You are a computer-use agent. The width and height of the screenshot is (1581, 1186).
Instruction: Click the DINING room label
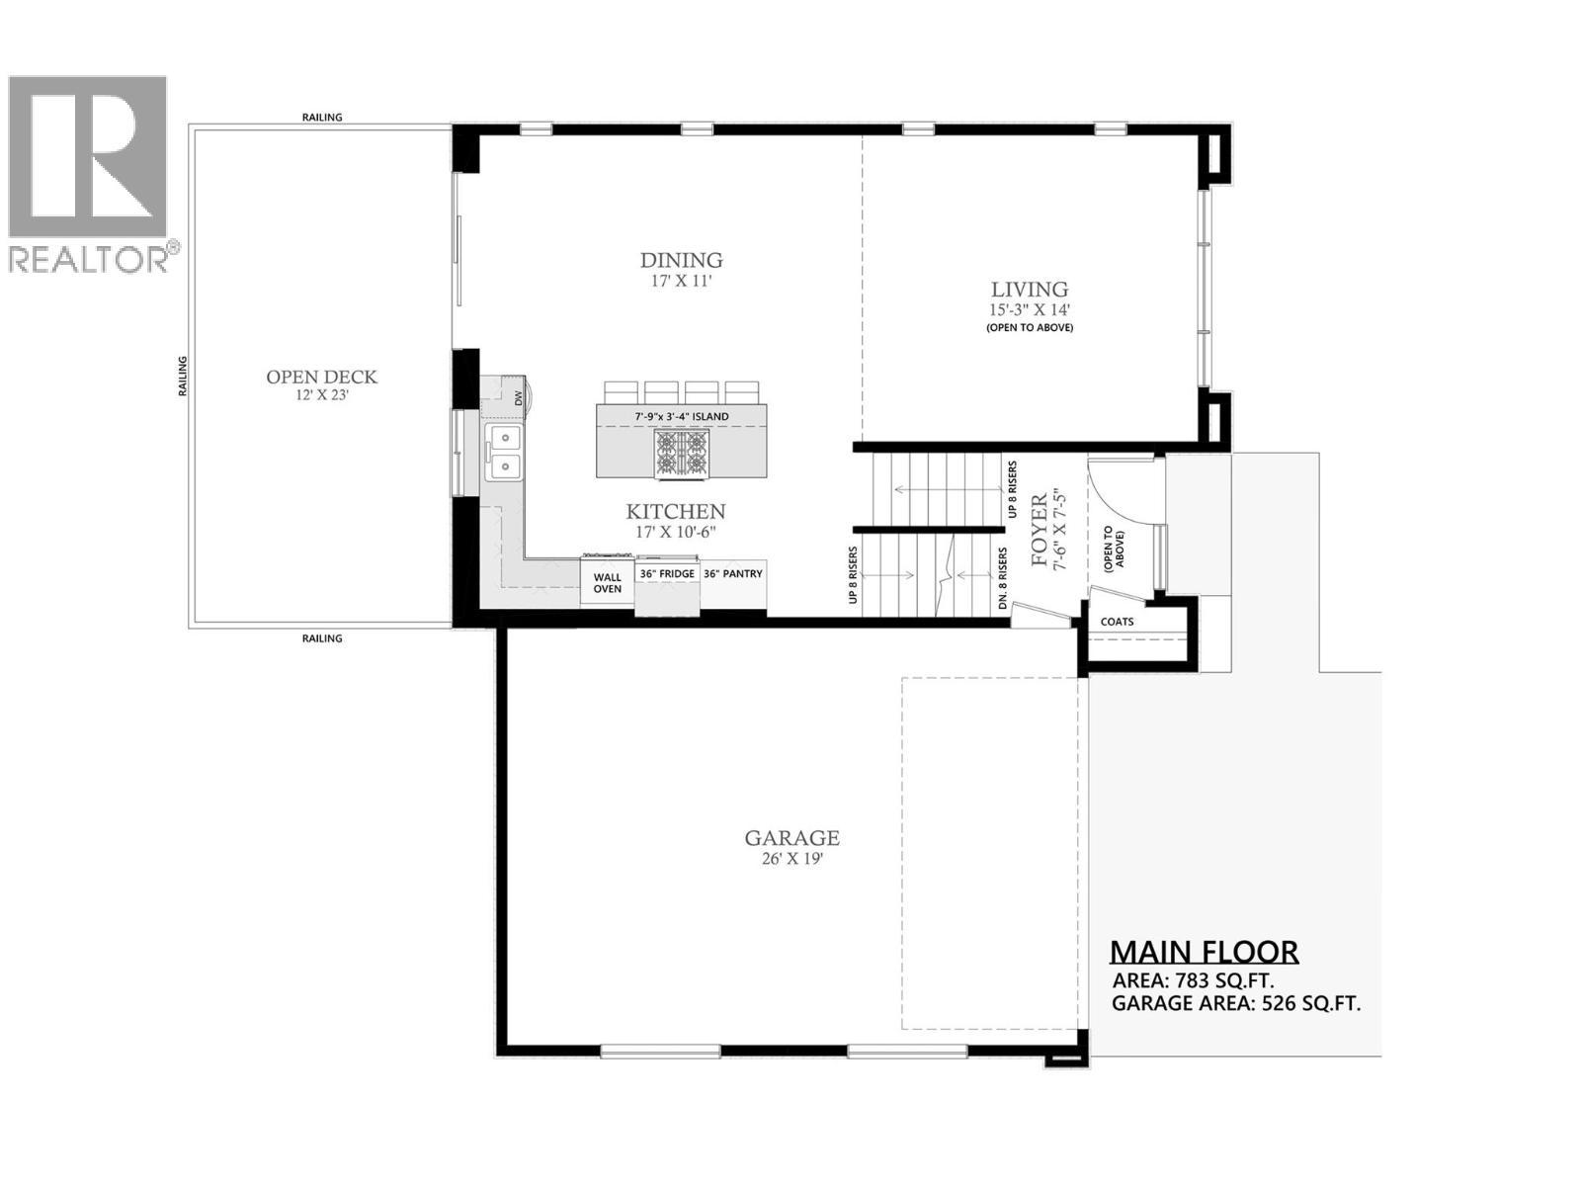(x=681, y=261)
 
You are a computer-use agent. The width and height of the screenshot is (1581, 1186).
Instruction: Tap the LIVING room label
(x=1030, y=290)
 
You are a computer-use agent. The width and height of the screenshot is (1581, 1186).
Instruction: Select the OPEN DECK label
(x=321, y=378)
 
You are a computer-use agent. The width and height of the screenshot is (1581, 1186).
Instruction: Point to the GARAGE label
(x=791, y=838)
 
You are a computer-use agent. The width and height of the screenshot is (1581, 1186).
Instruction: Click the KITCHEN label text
(x=676, y=512)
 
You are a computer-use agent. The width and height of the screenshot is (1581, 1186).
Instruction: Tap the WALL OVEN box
(x=607, y=583)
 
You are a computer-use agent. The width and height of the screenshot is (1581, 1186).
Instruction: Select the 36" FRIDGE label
(x=667, y=574)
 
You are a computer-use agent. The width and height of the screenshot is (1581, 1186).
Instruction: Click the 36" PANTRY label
(x=732, y=574)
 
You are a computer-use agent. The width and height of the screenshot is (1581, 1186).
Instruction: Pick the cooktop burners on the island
(x=681, y=453)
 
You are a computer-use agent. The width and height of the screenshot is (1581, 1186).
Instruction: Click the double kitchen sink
(x=504, y=452)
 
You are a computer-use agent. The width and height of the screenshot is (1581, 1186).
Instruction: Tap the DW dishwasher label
(x=517, y=397)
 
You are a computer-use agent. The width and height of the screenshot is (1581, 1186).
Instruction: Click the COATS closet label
(x=1117, y=622)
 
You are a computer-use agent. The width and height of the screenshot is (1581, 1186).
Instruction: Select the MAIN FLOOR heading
(x=1204, y=952)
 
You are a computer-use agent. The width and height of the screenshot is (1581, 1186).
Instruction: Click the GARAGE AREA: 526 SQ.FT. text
(x=1235, y=1004)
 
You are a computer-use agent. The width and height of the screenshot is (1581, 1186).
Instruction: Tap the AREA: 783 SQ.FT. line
(x=1193, y=981)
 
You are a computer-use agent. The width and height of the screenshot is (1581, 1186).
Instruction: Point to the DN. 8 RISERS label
(x=1003, y=579)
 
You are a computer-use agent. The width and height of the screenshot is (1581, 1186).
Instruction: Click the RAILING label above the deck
(x=322, y=118)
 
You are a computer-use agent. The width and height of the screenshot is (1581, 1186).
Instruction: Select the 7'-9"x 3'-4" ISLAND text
(x=681, y=417)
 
